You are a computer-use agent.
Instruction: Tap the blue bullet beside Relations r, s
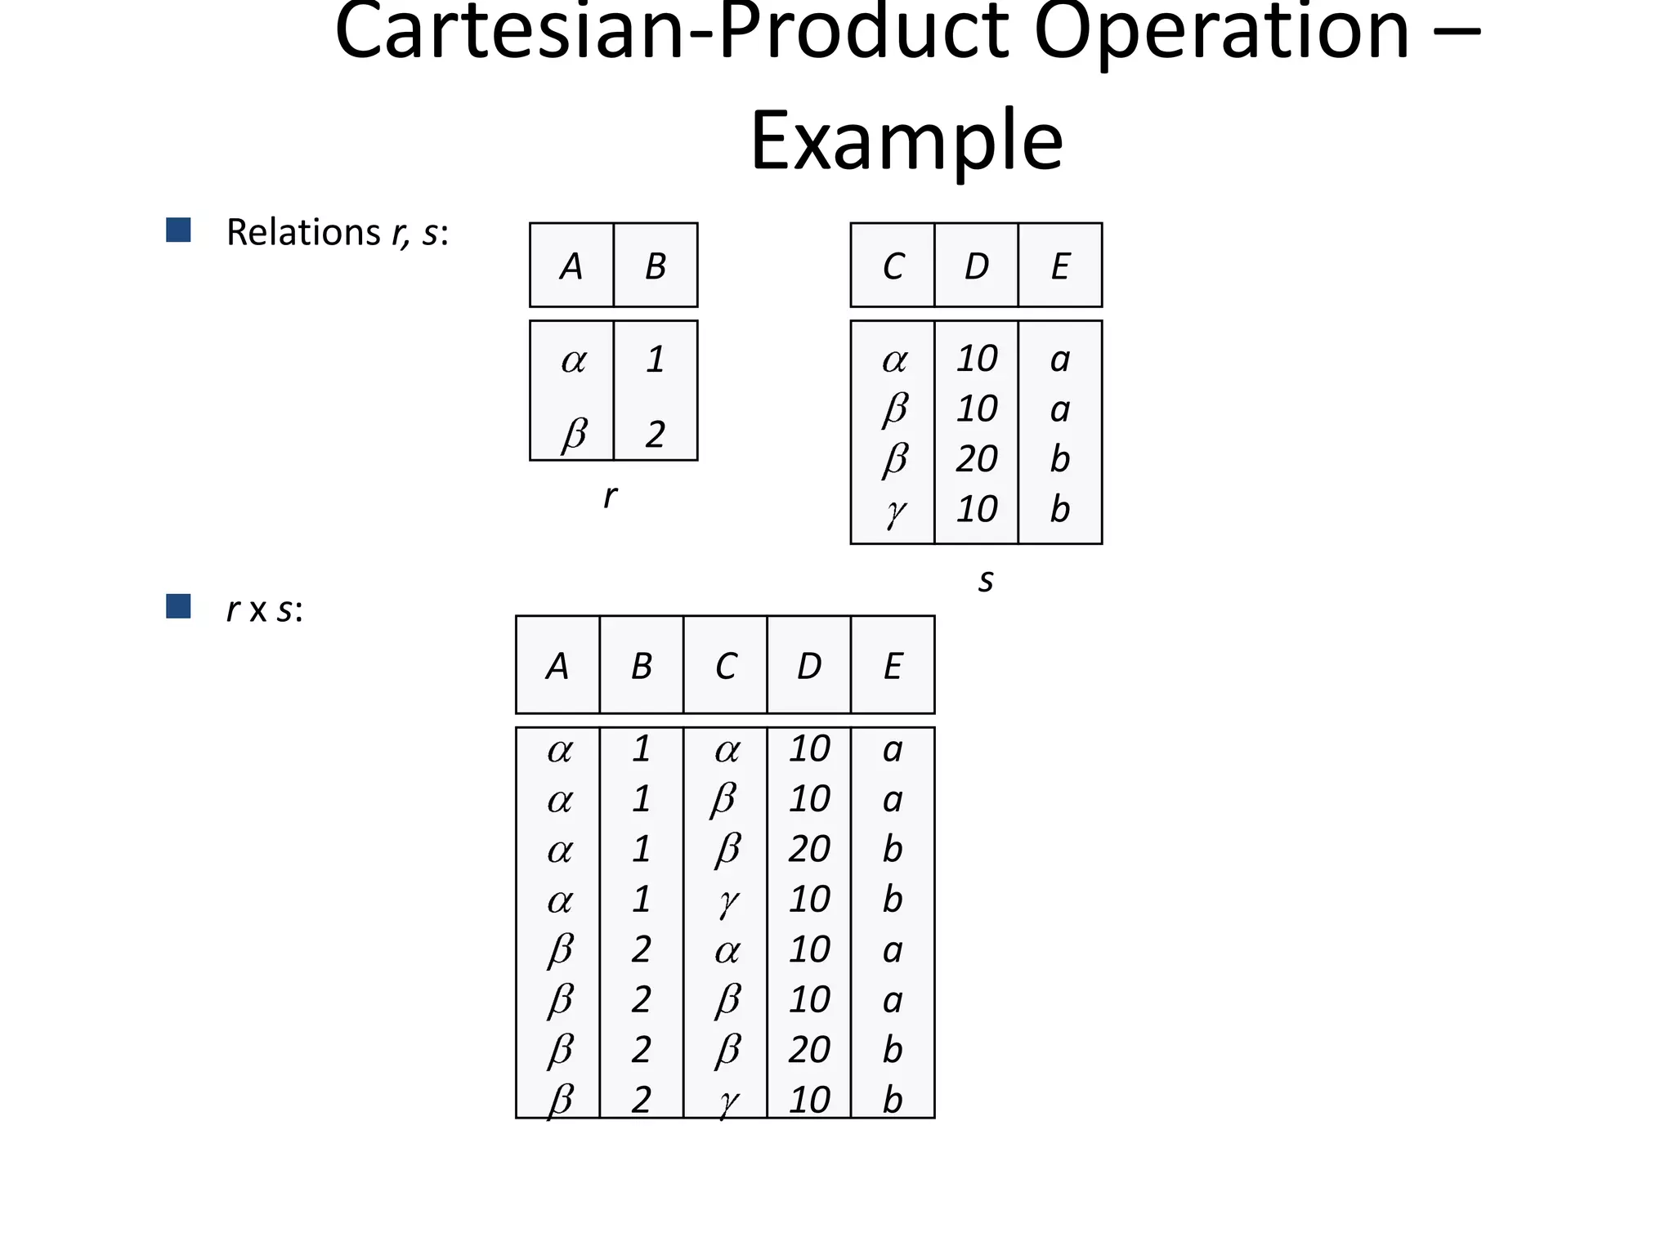[178, 230]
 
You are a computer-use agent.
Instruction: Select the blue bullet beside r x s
[178, 606]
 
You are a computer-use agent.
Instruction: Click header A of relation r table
[571, 266]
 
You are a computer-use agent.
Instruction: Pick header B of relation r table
[656, 266]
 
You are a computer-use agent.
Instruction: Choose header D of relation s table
[977, 266]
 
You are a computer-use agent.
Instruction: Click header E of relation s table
[1060, 266]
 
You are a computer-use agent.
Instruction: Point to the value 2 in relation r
[655, 434]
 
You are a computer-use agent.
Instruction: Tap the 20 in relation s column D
[977, 458]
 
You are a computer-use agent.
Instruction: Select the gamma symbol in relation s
[895, 511]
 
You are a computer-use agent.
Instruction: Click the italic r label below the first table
[610, 496]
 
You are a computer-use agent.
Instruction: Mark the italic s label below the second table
[986, 580]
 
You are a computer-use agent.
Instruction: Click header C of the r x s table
[726, 667]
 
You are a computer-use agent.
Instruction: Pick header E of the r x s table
[893, 667]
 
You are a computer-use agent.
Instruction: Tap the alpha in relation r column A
[573, 360]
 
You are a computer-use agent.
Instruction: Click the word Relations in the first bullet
[302, 232]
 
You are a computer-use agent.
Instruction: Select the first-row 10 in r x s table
[809, 748]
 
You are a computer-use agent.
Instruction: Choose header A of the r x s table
[557, 667]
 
